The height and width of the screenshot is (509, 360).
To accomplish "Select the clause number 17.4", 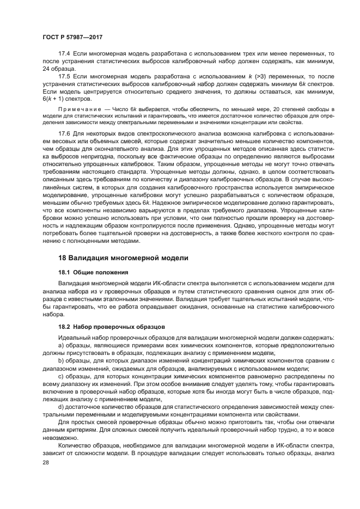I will pyautogui.click(x=64, y=55).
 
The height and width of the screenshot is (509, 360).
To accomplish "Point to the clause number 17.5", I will pyautogui.click(x=64, y=77).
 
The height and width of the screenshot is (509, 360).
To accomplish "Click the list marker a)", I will pyautogui.click(x=61, y=346).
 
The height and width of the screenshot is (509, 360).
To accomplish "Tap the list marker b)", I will pyautogui.click(x=61, y=361).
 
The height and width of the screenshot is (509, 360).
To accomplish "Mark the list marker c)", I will pyautogui.click(x=61, y=376).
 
